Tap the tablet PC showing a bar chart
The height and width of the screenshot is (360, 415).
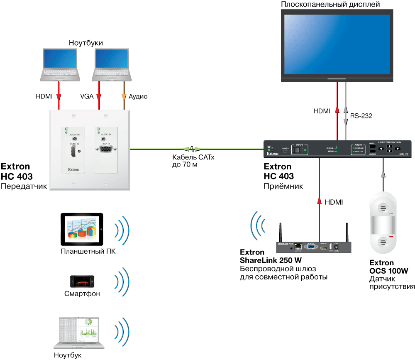tap(82, 229)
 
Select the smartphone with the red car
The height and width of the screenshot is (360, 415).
tap(82, 281)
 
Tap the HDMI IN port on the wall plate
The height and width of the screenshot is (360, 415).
tap(73, 152)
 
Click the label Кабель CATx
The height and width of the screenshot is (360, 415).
tap(190, 157)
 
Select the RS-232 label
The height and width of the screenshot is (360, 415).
tap(361, 116)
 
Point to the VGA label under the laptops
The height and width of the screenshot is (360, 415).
tap(86, 96)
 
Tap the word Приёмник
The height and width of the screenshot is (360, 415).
tap(283, 186)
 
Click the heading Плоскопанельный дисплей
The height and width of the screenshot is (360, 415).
tap(336, 5)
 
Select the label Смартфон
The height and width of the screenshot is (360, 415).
tap(82, 294)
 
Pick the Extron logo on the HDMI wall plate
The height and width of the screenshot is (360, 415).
tap(73, 169)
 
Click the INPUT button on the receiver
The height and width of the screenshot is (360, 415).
tap(299, 149)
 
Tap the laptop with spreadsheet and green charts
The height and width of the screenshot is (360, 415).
tap(79, 332)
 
